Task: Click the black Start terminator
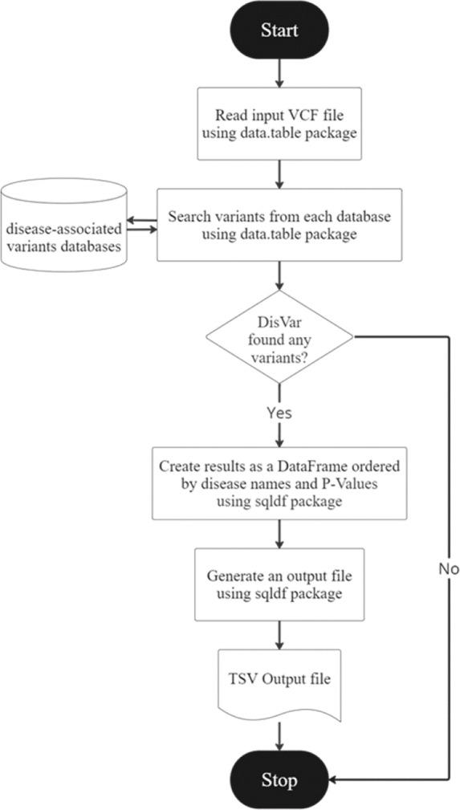(278, 31)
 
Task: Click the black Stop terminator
(278, 779)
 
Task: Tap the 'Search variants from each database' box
(278, 225)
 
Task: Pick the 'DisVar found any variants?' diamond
(278, 337)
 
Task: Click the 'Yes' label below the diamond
(278, 413)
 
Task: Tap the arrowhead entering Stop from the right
(336, 779)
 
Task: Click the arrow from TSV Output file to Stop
(278, 735)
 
